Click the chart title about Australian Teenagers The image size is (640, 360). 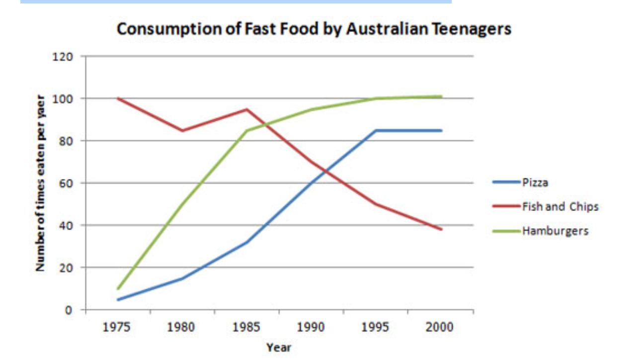click(x=314, y=29)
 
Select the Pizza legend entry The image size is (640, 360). click(x=535, y=182)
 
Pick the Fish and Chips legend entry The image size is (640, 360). click(x=560, y=206)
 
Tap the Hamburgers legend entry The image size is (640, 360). click(x=555, y=231)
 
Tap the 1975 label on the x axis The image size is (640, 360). click(x=118, y=327)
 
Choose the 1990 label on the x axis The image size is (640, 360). click(x=311, y=327)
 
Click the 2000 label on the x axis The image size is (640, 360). click(x=439, y=327)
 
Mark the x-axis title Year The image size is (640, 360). click(x=278, y=347)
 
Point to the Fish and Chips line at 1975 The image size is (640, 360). click(x=118, y=98)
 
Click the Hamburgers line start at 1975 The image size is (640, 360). click(x=118, y=288)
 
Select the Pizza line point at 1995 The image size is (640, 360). click(x=376, y=131)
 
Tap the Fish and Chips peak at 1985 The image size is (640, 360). click(x=246, y=109)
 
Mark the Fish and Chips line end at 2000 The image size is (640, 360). click(x=440, y=229)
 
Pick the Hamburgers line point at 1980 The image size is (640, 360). click(x=182, y=204)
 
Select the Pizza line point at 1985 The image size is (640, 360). click(x=246, y=242)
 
